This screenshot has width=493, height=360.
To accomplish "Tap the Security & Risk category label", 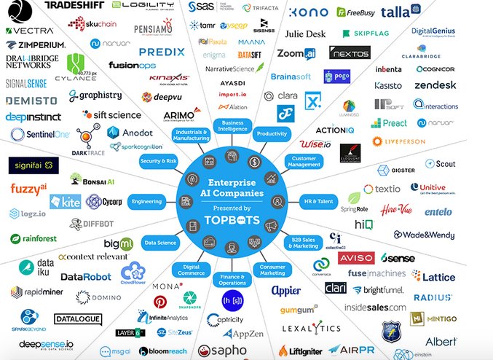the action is (x=159, y=160).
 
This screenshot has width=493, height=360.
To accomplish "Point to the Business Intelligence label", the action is (x=232, y=128).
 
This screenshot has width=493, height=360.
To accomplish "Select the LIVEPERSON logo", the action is (x=403, y=141).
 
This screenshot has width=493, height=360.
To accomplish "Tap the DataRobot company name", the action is (x=86, y=277).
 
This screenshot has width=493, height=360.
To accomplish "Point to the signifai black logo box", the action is (x=33, y=165).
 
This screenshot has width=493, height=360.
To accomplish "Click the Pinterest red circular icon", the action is (x=159, y=302).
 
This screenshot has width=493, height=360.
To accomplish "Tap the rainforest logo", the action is (x=36, y=238).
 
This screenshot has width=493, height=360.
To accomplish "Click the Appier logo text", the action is (x=286, y=290).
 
